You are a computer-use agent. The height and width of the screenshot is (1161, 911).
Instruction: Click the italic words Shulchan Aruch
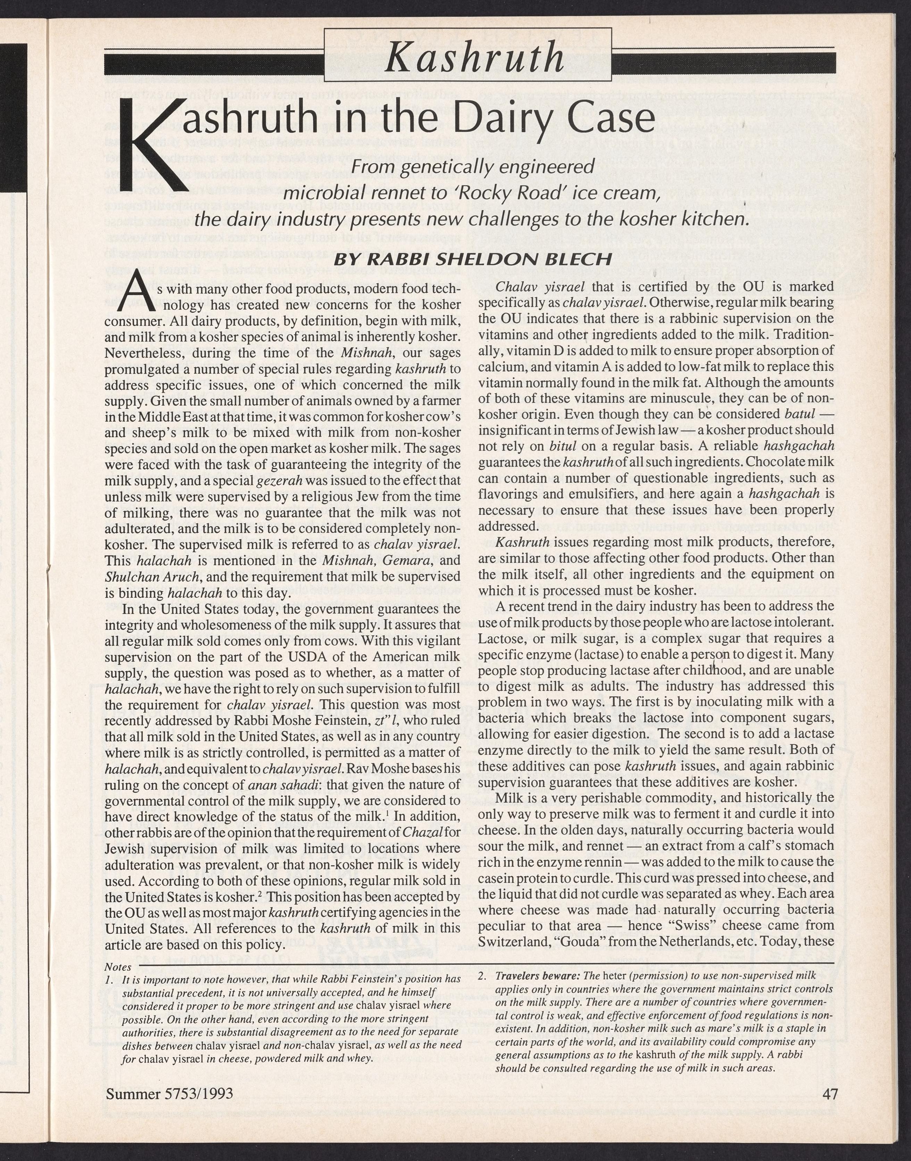[x=152, y=577]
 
